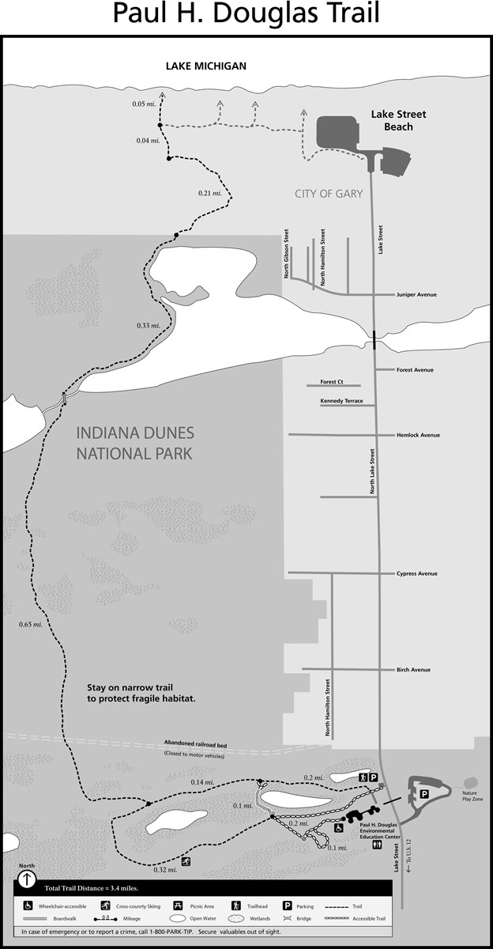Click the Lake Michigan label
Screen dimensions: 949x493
click(205, 66)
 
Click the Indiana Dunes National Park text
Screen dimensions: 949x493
click(135, 443)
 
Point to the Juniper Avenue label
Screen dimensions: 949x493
click(416, 295)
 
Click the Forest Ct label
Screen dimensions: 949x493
click(333, 382)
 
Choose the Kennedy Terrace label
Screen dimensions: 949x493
click(341, 401)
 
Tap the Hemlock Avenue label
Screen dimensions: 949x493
click(418, 435)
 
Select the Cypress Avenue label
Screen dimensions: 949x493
click(416, 573)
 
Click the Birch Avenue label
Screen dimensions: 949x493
click(413, 670)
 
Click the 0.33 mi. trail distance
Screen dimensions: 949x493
click(149, 325)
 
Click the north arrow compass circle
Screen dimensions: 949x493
click(28, 878)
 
